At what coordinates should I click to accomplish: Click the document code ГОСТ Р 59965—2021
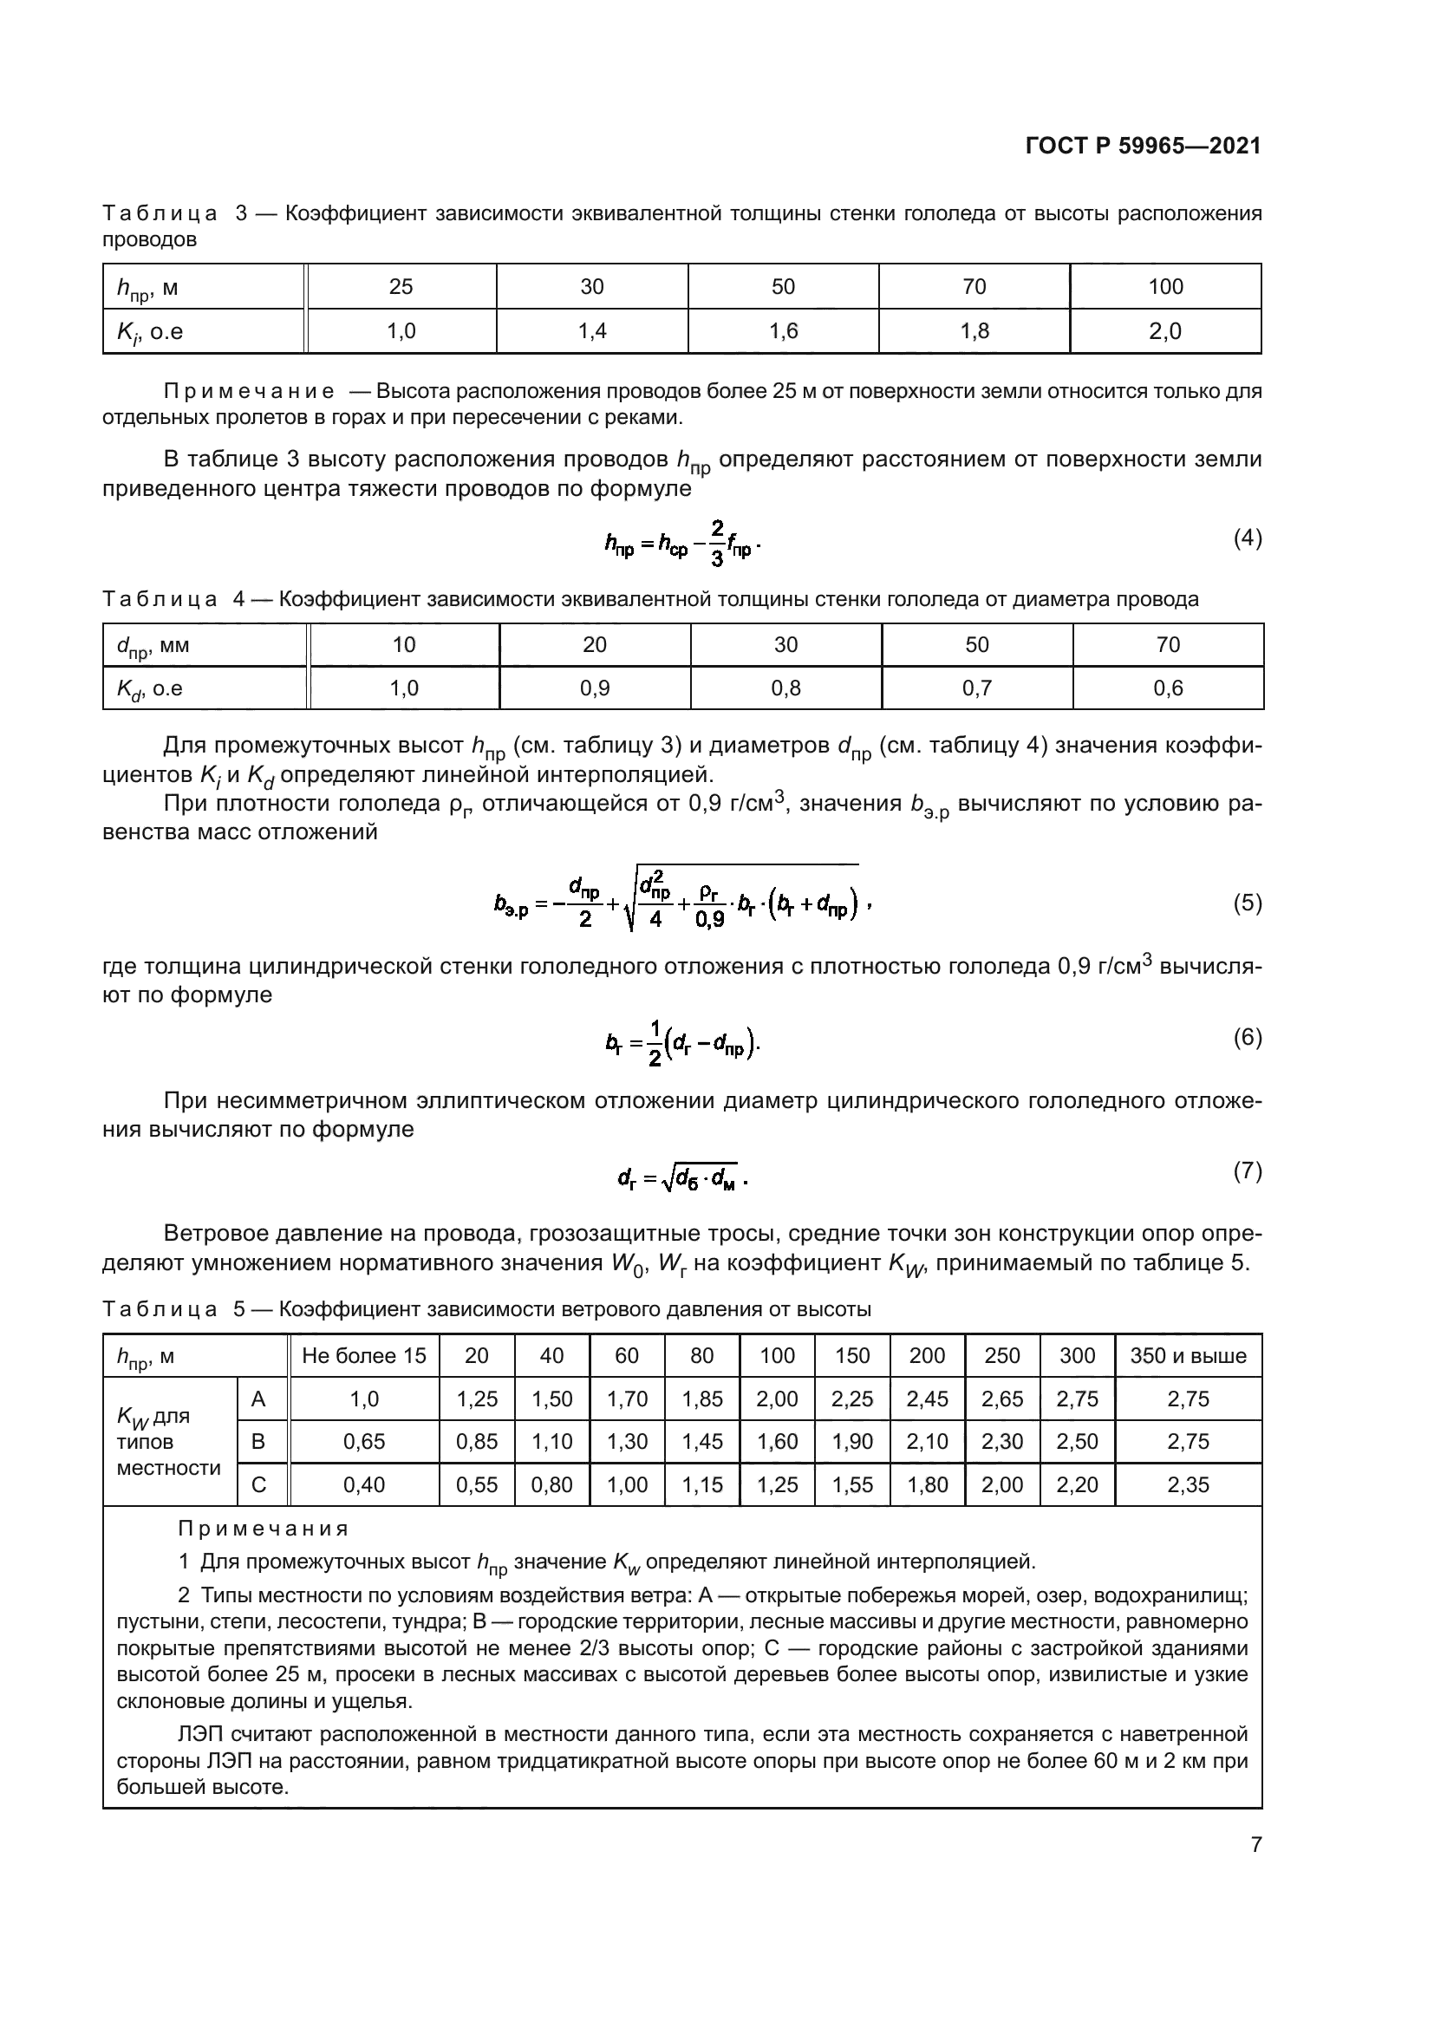1143,146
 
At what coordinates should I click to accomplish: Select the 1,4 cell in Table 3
591,331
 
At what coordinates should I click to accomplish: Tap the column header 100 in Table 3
1164,286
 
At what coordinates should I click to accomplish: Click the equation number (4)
1247,538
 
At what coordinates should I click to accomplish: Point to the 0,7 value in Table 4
976,688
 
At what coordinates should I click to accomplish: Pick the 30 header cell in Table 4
785,645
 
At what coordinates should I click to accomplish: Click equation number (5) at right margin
1247,903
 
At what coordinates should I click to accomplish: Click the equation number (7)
1247,1171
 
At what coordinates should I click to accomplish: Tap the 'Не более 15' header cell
364,1356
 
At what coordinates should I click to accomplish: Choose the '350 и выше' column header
1188,1356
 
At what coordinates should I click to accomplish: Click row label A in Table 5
258,1399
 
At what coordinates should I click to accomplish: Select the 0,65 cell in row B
364,1442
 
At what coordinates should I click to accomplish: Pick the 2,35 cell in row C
1188,1484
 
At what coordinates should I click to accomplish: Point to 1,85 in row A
702,1399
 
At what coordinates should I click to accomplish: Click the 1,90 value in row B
852,1442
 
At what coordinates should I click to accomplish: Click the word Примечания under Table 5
264,1528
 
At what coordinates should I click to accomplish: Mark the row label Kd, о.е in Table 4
150,689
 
